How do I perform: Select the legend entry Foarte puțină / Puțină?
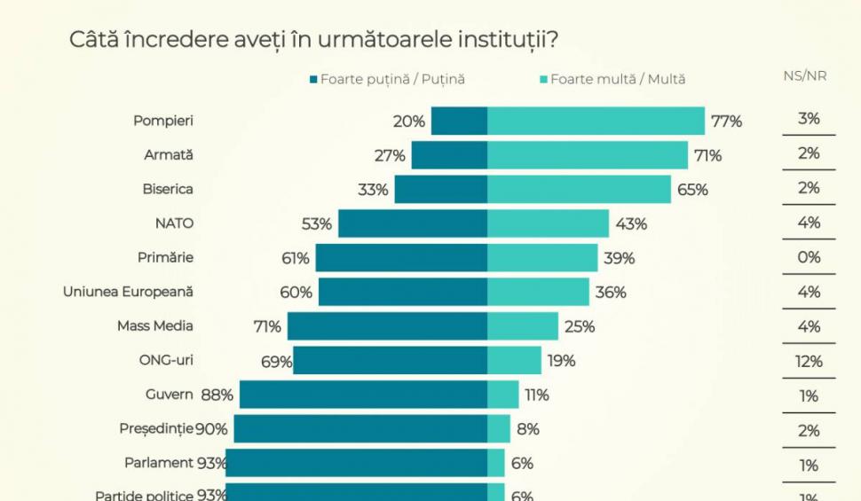coord(387,79)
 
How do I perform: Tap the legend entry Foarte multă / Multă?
coord(612,79)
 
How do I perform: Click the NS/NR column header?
coord(804,76)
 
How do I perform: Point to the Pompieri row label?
coord(163,120)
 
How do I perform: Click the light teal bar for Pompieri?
coord(596,121)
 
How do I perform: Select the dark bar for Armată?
coord(449,155)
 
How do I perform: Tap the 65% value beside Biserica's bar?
coord(692,190)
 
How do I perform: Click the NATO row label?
coord(174,223)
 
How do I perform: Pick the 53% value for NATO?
coord(317,224)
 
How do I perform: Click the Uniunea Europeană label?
coord(128,292)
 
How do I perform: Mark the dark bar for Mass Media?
coord(387,326)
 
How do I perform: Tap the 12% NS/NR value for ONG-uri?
coord(809,361)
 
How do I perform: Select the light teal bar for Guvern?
coord(502,395)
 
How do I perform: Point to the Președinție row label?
coord(156,428)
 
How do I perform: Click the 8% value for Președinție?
coord(528,429)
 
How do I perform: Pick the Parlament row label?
coord(159,462)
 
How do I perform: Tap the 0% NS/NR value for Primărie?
coord(809,257)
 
